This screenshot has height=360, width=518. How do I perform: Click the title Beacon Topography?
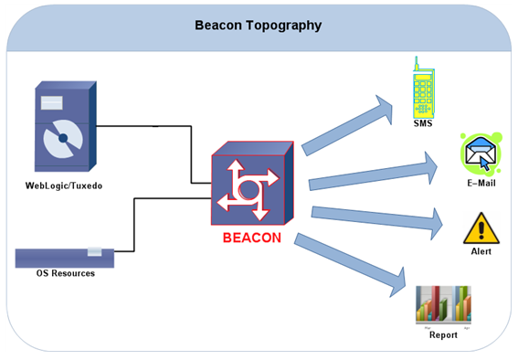point(259,26)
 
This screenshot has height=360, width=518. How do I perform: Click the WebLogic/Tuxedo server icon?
point(63,127)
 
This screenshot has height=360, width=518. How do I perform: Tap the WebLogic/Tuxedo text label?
point(64,185)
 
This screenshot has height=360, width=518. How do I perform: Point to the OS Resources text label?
point(65,273)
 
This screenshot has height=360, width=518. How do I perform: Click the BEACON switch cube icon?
point(251,188)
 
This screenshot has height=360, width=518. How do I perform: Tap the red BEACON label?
point(252,238)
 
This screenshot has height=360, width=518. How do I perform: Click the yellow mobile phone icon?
point(422,86)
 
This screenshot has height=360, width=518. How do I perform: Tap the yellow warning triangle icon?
point(481,228)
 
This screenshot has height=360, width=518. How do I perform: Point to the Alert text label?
point(481,250)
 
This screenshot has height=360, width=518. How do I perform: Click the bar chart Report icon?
point(443,305)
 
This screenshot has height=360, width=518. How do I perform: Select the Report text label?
point(443,334)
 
